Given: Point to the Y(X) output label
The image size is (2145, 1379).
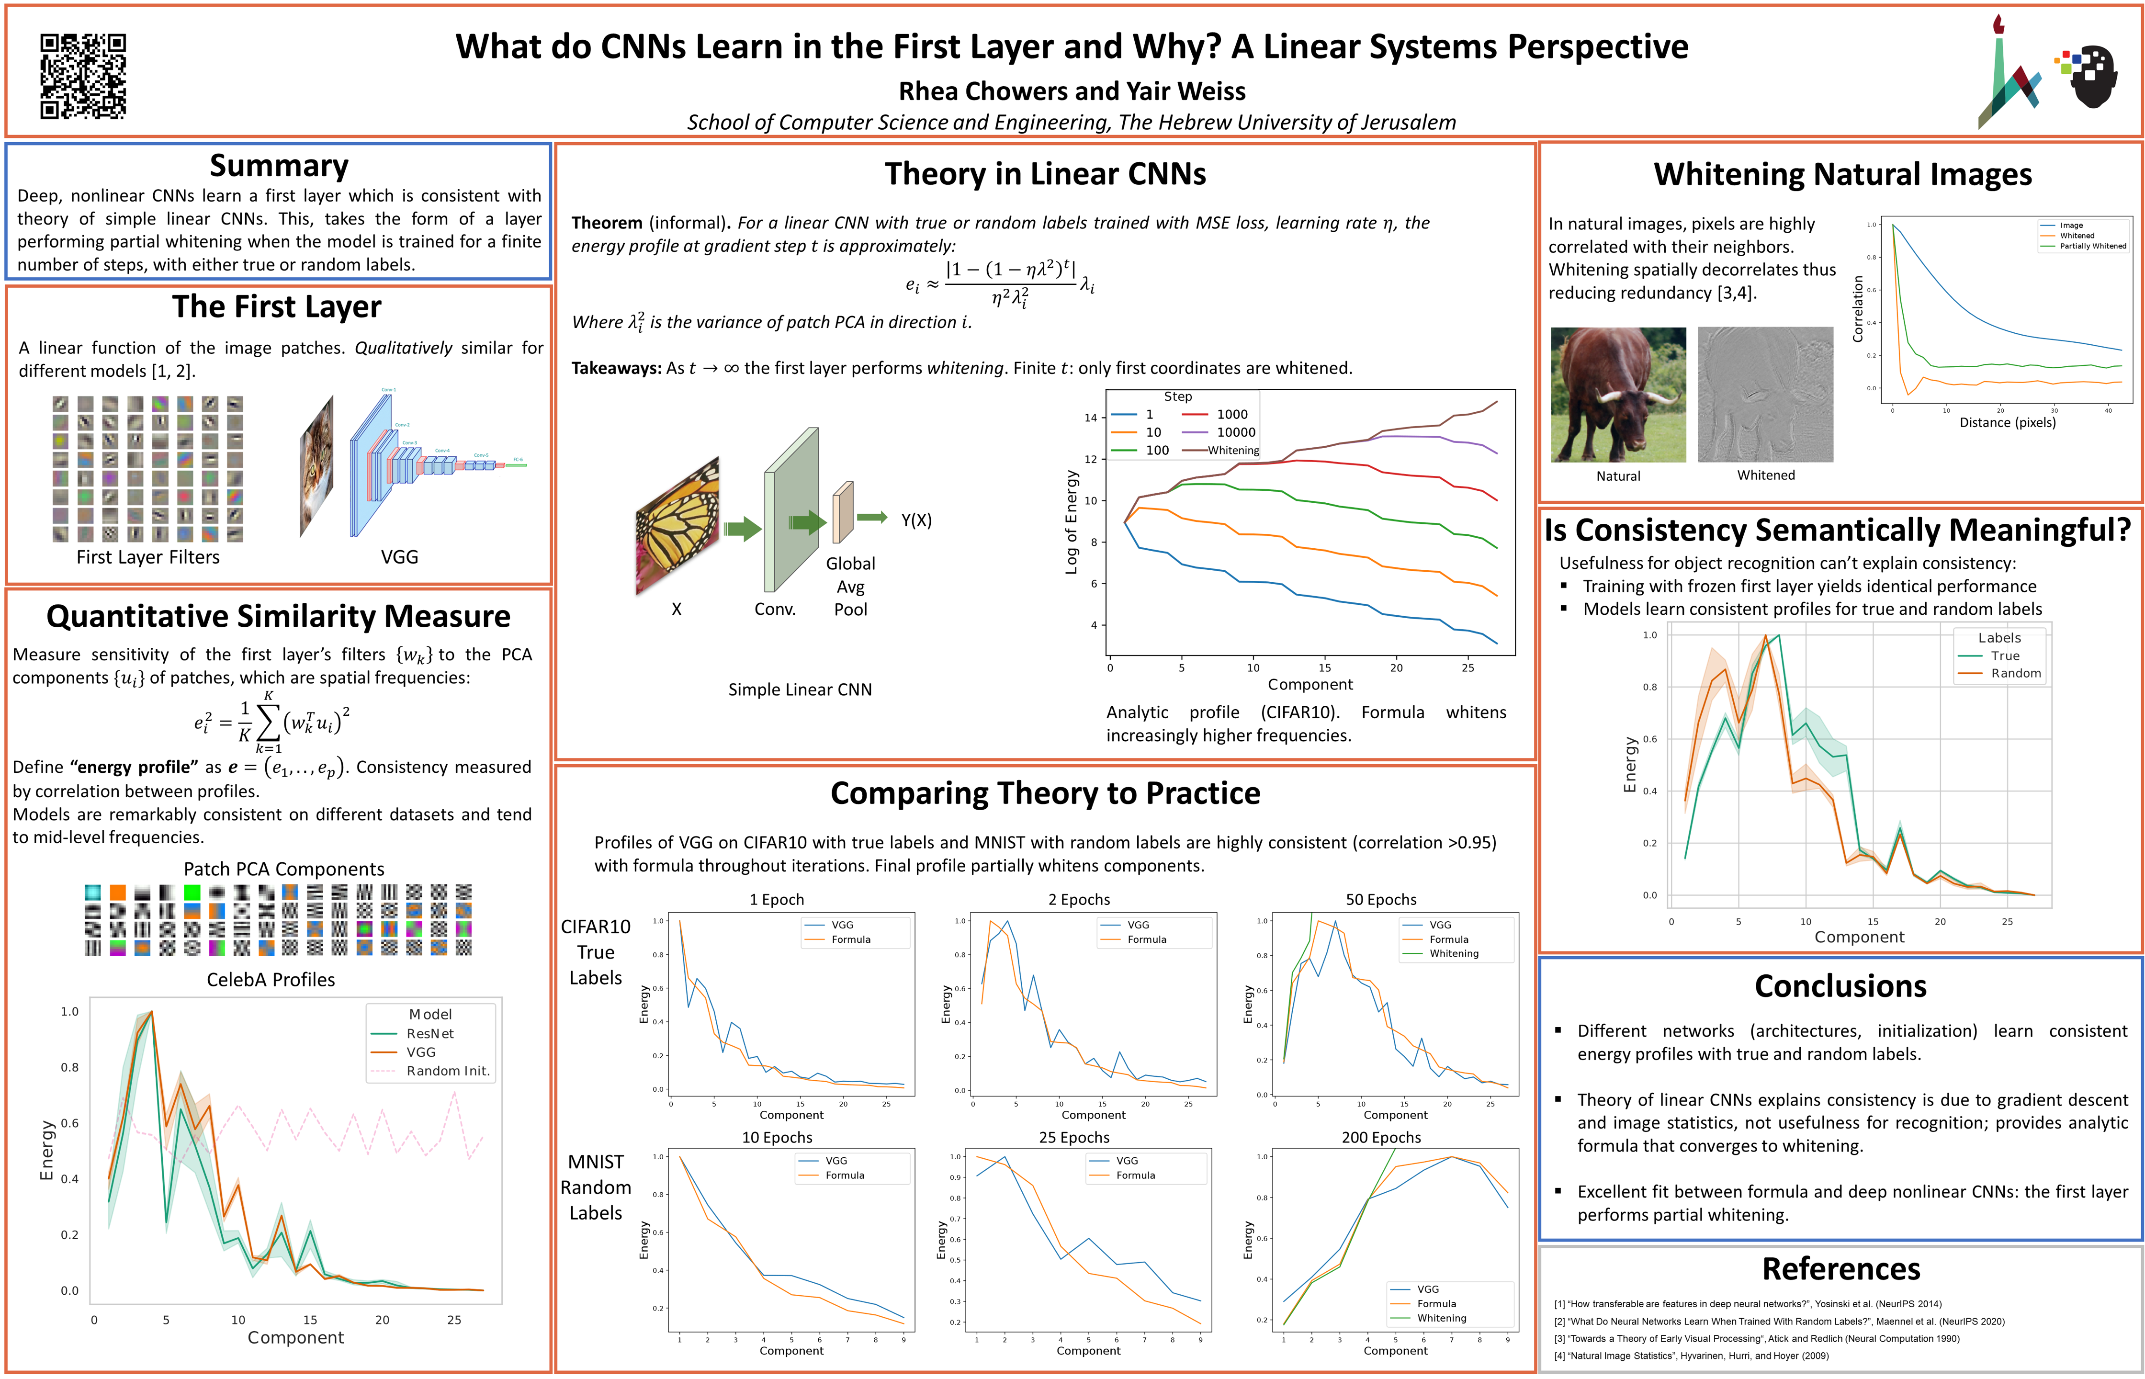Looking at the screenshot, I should [x=916, y=520].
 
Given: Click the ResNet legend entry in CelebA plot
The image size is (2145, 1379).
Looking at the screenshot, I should [x=429, y=1033].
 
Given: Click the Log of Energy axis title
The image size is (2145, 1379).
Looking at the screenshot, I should [x=1071, y=522].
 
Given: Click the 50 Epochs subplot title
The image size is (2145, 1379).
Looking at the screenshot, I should [x=1380, y=900].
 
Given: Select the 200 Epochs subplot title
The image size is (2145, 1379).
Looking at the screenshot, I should [x=1380, y=1137].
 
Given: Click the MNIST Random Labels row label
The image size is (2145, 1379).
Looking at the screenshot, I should [x=595, y=1187].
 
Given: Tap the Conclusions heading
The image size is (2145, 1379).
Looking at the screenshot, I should [x=1840, y=986].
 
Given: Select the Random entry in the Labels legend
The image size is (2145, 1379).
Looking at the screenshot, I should [x=2015, y=673].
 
